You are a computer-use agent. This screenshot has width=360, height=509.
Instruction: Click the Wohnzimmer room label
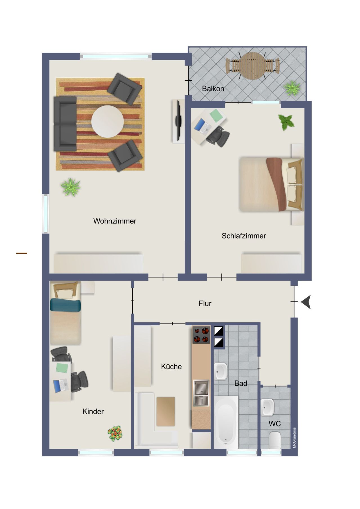[x=115, y=221]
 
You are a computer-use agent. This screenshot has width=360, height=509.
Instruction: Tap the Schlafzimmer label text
[x=244, y=236]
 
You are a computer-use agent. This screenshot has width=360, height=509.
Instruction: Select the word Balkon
[x=213, y=89]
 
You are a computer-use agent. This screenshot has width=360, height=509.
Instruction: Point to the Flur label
[x=205, y=303]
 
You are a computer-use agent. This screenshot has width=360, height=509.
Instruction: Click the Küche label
[x=171, y=366]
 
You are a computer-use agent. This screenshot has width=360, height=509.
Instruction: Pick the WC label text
[x=274, y=424]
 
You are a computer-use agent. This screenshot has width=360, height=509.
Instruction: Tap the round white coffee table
[x=107, y=121]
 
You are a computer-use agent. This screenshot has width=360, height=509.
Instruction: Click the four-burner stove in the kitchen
[x=201, y=335]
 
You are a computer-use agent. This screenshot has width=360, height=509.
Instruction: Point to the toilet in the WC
[x=274, y=440]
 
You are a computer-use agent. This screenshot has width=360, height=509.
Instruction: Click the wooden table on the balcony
[x=253, y=66]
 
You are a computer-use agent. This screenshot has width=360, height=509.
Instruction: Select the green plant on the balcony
[x=292, y=88]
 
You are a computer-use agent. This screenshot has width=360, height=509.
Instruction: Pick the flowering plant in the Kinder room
[x=115, y=433]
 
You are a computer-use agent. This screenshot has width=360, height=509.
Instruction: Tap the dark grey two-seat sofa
[x=65, y=124]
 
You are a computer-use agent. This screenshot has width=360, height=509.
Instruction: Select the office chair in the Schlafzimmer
[x=218, y=137]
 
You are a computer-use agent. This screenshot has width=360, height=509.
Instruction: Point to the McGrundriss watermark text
[x=294, y=438]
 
